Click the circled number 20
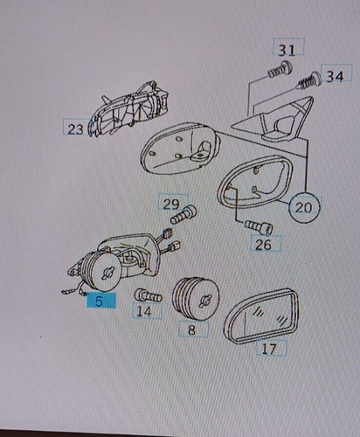[x=304, y=207]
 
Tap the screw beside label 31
[x=280, y=70]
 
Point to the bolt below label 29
[x=183, y=215]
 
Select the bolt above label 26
[x=258, y=227]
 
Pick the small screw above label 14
[x=148, y=295]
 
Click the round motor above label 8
[x=196, y=299]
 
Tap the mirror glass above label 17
[x=261, y=315]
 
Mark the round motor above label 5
[x=100, y=271]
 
